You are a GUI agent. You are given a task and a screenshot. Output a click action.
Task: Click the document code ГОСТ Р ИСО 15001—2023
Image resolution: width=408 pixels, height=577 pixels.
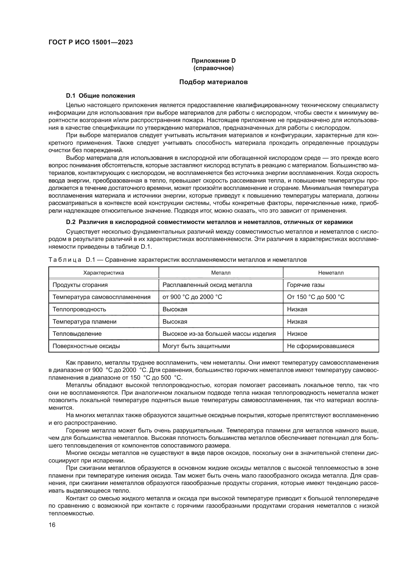tap(91, 42)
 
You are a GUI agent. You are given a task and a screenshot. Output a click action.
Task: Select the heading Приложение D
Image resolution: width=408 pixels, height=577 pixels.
tap(213, 61)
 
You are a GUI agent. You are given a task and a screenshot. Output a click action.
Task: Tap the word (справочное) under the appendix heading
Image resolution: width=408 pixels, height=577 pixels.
tap(213, 68)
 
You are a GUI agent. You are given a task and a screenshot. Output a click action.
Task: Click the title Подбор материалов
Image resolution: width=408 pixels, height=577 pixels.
tap(213, 82)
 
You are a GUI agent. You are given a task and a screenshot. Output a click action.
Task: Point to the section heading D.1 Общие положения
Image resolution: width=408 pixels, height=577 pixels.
tap(100, 96)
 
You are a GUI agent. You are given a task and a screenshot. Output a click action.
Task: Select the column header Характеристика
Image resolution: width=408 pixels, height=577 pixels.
tap(104, 273)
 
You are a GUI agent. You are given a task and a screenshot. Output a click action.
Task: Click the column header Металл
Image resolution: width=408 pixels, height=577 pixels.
tap(221, 273)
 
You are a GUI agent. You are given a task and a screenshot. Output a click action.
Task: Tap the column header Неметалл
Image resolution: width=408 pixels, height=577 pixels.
tap(331, 273)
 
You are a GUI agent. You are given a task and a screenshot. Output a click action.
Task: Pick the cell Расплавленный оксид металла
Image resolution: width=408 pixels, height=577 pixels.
tap(207, 285)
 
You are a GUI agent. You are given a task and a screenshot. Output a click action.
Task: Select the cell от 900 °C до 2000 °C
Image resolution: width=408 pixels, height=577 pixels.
tap(192, 297)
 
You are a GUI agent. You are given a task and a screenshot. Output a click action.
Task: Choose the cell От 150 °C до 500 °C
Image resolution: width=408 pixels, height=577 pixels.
tap(315, 297)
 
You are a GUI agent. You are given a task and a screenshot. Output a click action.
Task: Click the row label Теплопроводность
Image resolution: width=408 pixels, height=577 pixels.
tap(79, 309)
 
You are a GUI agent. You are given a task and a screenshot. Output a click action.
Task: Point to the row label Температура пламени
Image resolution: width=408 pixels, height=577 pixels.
tap(84, 322)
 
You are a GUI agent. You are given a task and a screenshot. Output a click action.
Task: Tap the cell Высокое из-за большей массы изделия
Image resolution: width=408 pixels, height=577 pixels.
tap(219, 334)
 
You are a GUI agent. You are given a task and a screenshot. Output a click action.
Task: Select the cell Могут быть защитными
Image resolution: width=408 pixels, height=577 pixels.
tap(196, 346)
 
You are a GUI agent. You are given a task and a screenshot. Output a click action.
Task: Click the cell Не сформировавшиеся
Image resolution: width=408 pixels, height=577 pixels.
tap(320, 346)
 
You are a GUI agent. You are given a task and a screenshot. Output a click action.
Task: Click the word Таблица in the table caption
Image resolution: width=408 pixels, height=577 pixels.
tap(65, 260)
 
